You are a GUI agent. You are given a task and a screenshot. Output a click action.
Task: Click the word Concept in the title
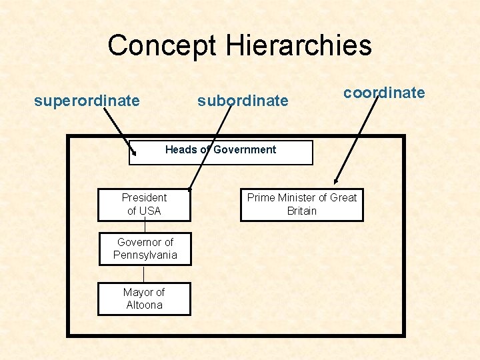pos(162,45)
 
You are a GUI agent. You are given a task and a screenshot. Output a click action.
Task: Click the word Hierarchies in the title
pos(298,45)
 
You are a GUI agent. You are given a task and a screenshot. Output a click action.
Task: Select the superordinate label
pos(87,101)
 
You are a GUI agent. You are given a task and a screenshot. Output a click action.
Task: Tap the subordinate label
pos(243,101)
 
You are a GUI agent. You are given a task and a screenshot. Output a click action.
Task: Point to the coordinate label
pos(384,93)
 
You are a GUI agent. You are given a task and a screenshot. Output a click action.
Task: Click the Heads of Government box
pos(221,153)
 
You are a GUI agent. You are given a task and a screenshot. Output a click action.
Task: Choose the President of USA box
pos(144,205)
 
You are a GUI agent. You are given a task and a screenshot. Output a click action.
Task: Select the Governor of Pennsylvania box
pos(145,249)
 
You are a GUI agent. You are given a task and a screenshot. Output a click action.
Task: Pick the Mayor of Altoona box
pos(144,299)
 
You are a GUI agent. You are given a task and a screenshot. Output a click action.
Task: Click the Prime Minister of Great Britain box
pos(302,205)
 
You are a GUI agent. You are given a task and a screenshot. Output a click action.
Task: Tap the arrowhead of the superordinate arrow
pos(133,153)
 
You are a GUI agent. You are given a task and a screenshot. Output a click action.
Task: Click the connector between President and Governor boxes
pos(145,227)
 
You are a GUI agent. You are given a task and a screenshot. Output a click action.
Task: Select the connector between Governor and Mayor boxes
pos(144,274)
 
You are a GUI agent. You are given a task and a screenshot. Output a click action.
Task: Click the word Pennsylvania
pos(145,255)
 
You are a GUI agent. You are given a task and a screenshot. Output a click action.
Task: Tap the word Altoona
pos(144,305)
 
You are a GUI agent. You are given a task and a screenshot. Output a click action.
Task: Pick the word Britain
pos(302,211)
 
